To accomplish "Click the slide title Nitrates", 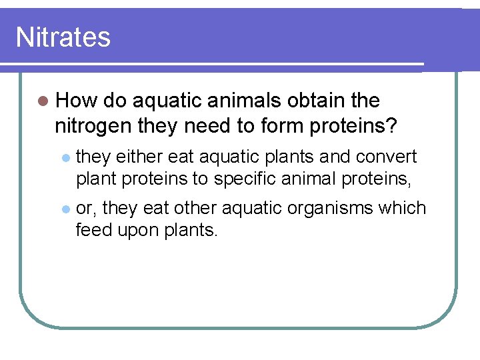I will pos(63,37).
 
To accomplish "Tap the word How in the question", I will pos(77,101).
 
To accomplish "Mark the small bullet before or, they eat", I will pos(65,209).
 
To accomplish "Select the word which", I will pos(401,208).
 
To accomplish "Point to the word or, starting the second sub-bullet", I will pos(85,209).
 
